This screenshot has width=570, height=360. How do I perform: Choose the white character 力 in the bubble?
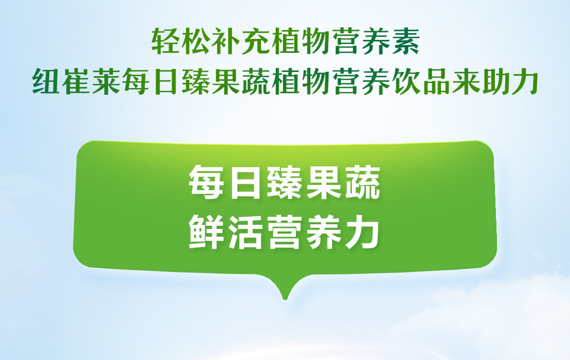(362, 231)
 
